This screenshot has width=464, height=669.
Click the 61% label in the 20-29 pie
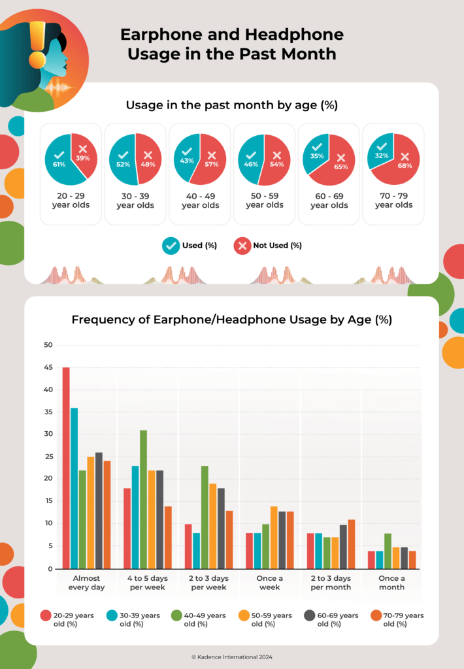[59, 164]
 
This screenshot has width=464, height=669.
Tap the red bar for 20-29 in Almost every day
[66, 467]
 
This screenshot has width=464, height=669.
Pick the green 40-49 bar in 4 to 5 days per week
[143, 499]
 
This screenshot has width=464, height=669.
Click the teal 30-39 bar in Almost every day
[75, 488]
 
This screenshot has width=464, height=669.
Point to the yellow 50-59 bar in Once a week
[274, 537]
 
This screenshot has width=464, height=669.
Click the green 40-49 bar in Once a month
[388, 551]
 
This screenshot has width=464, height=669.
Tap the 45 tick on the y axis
[48, 367]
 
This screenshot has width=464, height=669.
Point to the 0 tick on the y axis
[50, 569]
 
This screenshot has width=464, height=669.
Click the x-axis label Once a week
[269, 583]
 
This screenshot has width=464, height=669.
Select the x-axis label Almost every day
[86, 583]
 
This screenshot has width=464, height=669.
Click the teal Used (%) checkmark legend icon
[171, 246]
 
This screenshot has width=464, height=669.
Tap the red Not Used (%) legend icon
[242, 246]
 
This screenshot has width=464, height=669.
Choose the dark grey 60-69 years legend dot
[310, 615]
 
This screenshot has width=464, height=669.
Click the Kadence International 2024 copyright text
[231, 656]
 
